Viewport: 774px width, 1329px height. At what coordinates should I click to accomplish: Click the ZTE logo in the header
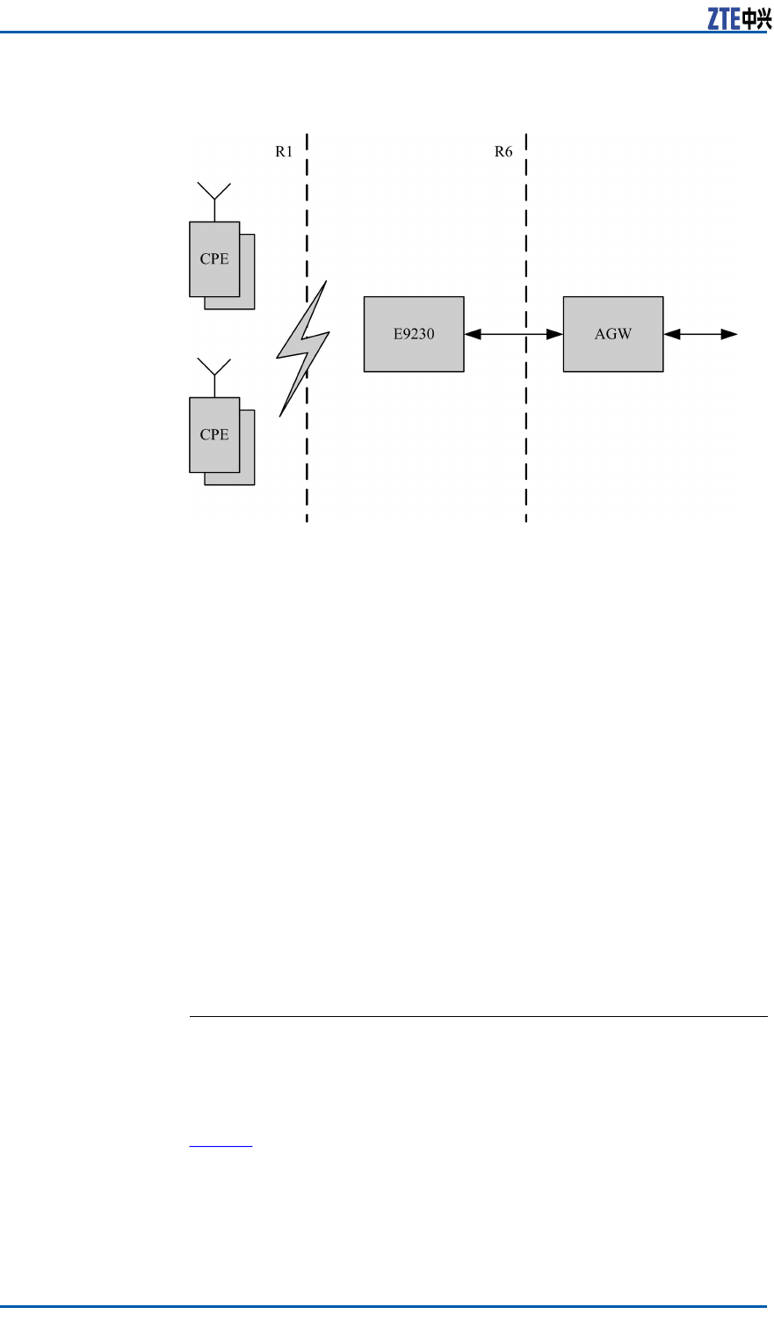click(x=739, y=20)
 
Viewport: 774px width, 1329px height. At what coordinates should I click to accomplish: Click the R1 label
click(x=284, y=151)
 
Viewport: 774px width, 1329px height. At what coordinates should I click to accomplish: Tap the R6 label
click(x=503, y=151)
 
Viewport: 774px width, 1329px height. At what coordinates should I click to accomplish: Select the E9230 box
click(x=414, y=334)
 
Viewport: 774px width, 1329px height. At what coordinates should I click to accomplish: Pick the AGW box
click(x=613, y=334)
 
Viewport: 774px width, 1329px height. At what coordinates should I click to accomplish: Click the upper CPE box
click(x=214, y=259)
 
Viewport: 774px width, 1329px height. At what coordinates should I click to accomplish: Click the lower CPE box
click(x=214, y=435)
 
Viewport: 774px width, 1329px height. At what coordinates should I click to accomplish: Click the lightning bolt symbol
click(x=302, y=348)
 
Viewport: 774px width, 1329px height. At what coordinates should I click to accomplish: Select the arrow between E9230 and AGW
click(x=514, y=334)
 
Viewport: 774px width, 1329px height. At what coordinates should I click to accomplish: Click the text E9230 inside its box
click(x=414, y=334)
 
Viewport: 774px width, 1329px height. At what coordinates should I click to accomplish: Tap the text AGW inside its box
click(x=613, y=334)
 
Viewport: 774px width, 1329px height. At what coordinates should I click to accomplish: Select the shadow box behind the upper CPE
click(x=248, y=303)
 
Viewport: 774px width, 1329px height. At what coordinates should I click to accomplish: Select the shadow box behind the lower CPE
click(x=248, y=479)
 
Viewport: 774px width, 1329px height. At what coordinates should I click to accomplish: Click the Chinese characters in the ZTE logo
click(x=757, y=20)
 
